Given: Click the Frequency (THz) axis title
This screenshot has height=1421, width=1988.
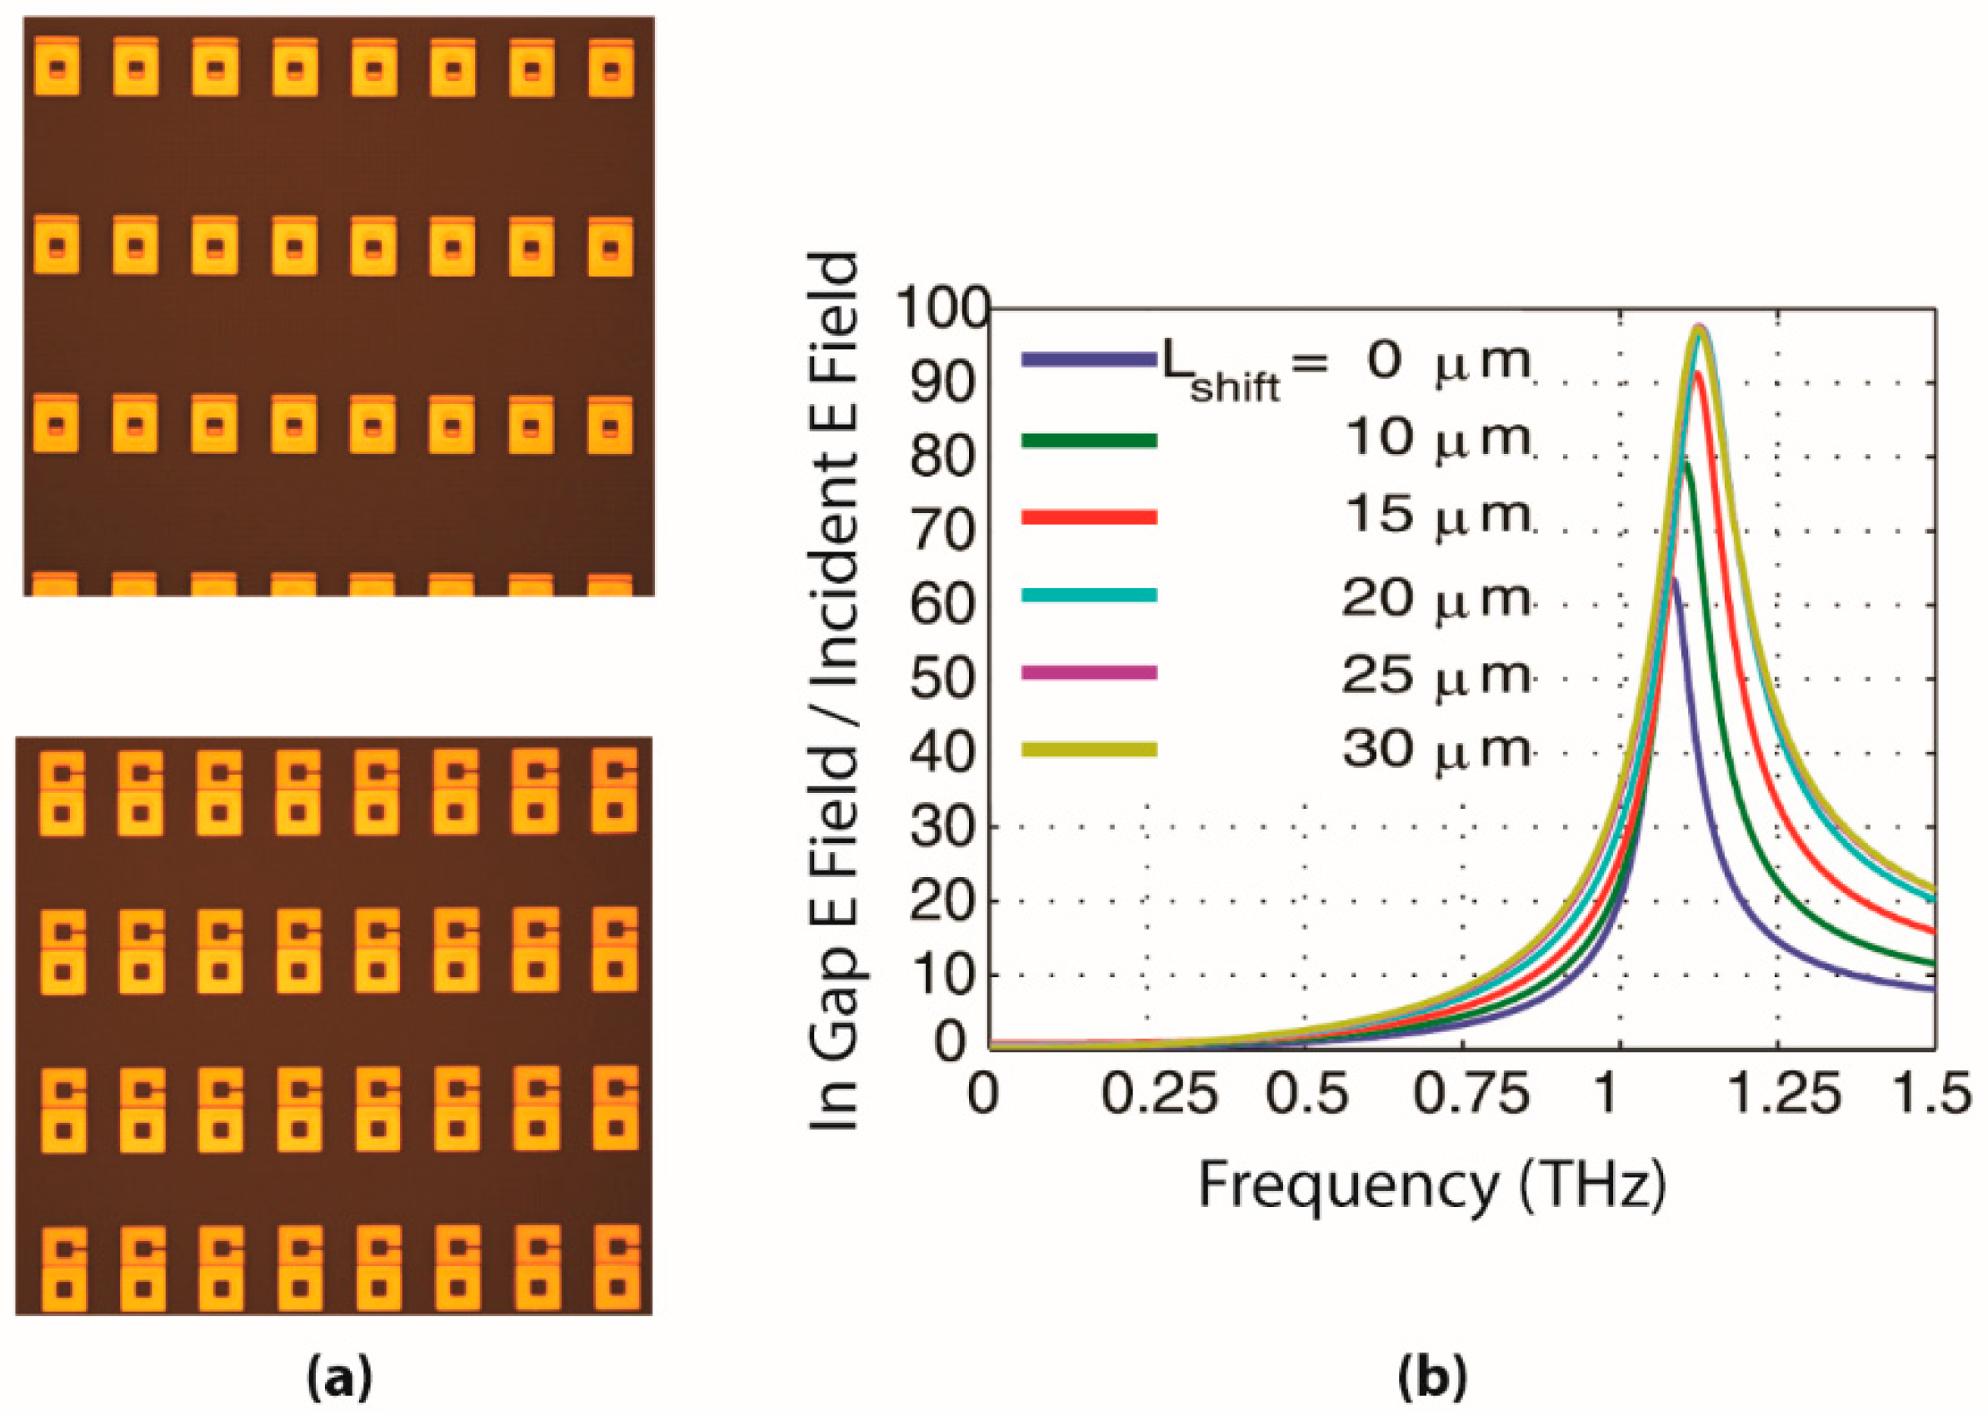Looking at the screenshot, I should click(x=1431, y=1186).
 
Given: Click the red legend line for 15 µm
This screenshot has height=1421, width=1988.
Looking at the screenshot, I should click(x=1089, y=517).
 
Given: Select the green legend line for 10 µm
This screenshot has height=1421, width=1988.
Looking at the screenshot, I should click(x=1089, y=441).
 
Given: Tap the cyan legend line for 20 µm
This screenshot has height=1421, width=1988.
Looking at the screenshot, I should click(x=1089, y=595).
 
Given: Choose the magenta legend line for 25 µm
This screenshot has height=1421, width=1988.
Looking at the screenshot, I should click(x=1089, y=672).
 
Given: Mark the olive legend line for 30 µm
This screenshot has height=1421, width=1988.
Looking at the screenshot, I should click(x=1089, y=749).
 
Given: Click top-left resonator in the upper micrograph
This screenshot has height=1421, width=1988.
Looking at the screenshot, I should click(x=57, y=67).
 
